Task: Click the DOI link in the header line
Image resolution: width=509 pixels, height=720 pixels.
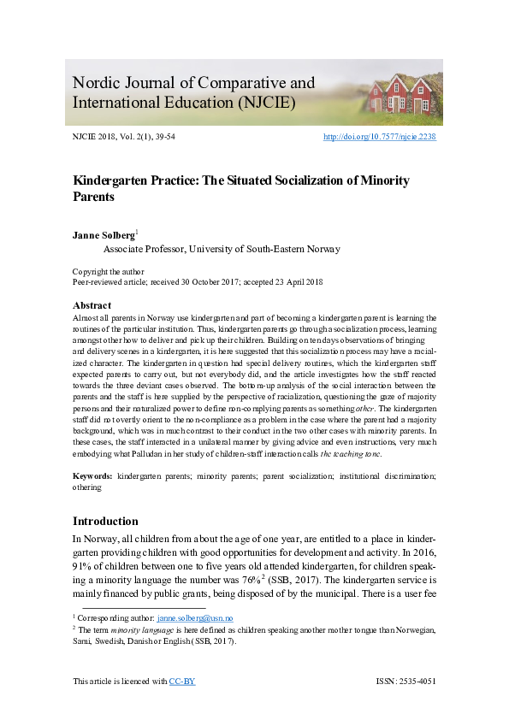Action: pyautogui.click(x=379, y=137)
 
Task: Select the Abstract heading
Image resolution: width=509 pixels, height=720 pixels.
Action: pyautogui.click(x=92, y=305)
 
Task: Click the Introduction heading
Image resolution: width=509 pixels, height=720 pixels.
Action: pyautogui.click(x=105, y=521)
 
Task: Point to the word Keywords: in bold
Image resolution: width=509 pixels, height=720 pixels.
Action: pyautogui.click(x=92, y=473)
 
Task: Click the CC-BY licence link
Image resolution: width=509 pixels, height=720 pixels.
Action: pyautogui.click(x=182, y=682)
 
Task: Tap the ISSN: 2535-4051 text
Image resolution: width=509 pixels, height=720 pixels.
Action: pyautogui.click(x=405, y=682)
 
